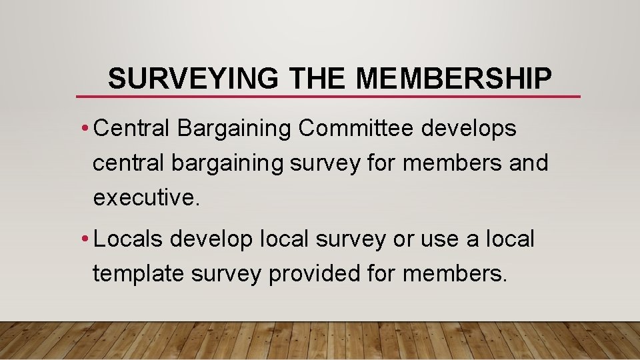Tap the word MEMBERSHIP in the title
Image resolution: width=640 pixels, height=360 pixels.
point(454,79)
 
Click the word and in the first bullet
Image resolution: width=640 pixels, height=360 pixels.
point(528,163)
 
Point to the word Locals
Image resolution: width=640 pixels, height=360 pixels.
point(128,239)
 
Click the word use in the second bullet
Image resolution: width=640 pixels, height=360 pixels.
point(441,239)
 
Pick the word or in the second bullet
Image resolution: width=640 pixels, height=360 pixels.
point(403,239)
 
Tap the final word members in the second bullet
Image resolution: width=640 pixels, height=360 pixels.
point(454,273)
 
